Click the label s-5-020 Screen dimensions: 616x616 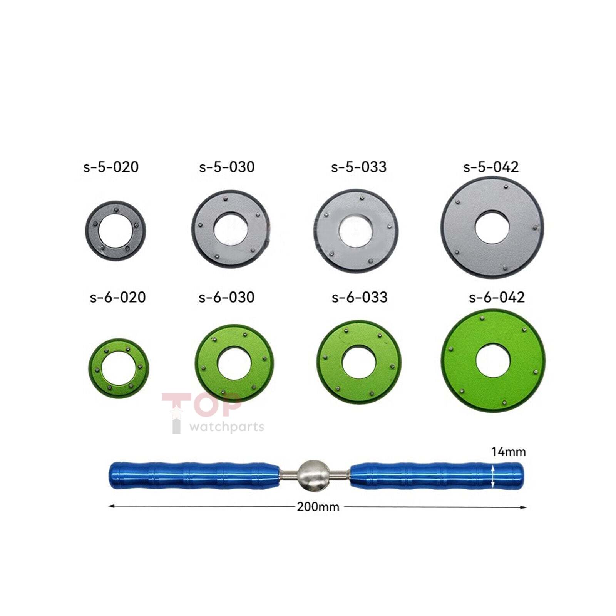pyautogui.click(x=111, y=167)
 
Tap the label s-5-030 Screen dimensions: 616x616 pyautogui.click(x=227, y=167)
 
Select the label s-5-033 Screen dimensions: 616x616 pyautogui.click(x=359, y=167)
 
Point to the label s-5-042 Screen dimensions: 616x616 pyautogui.click(x=491, y=167)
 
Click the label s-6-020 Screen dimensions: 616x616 pyautogui.click(x=118, y=297)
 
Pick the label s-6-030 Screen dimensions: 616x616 pyautogui.click(x=226, y=297)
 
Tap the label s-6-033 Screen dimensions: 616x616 pyautogui.click(x=360, y=297)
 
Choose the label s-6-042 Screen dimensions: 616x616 pyautogui.click(x=497, y=297)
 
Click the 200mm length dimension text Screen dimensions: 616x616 pyautogui.click(x=318, y=507)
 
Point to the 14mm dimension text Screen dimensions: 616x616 pyautogui.click(x=508, y=452)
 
